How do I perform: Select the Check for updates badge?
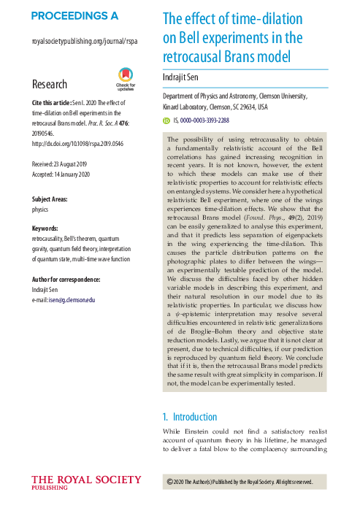[x=126, y=77]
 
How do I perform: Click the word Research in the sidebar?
[x=50, y=85]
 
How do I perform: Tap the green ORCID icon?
[x=165, y=120]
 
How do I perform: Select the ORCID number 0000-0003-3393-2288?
[x=207, y=120]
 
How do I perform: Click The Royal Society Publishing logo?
[x=86, y=483]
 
